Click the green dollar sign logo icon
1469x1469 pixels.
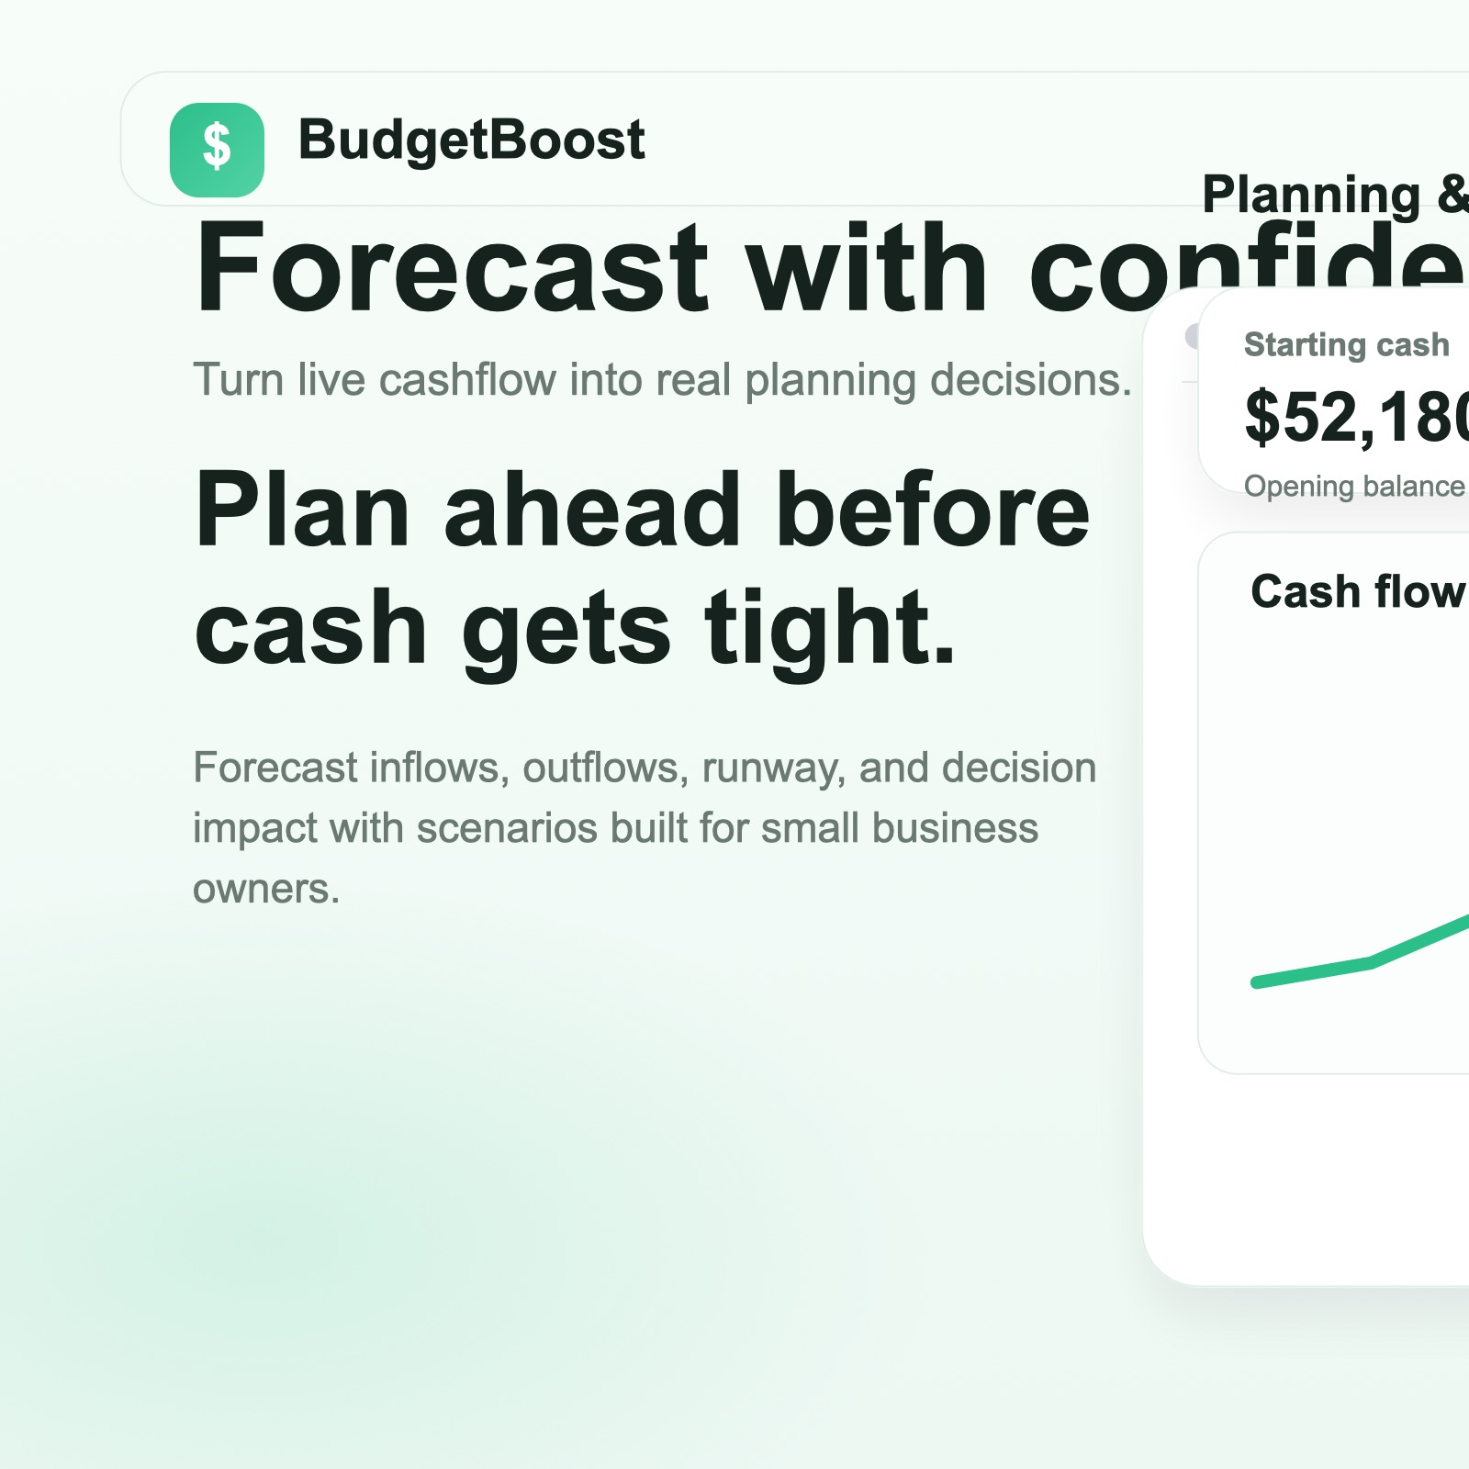click(217, 149)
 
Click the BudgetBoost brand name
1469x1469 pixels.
click(471, 140)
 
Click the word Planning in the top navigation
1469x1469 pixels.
click(1310, 195)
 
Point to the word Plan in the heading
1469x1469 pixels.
click(302, 510)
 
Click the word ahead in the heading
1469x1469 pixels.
click(592, 510)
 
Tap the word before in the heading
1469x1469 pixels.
click(933, 510)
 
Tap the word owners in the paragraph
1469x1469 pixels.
click(265, 889)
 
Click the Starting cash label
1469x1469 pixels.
click(1346, 345)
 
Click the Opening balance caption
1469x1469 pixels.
click(1353, 486)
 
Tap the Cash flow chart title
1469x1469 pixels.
click(1357, 592)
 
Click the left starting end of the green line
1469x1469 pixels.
click(1257, 982)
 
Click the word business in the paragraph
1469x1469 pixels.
click(955, 828)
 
